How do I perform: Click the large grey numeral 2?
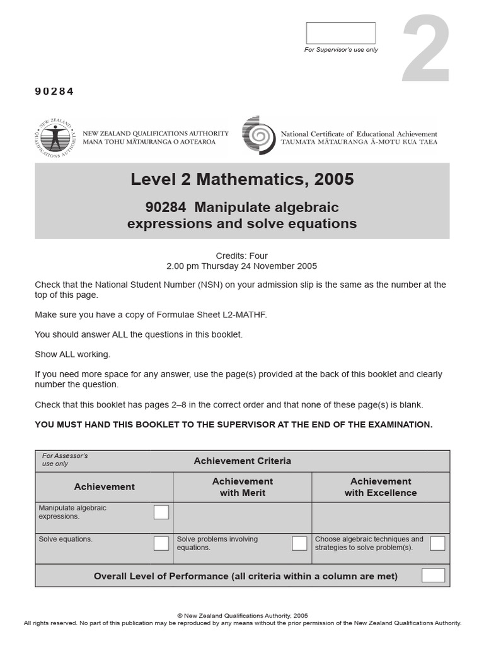click(427, 50)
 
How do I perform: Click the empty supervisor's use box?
click(340, 33)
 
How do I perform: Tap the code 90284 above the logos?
click(54, 91)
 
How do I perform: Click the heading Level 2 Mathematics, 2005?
click(242, 180)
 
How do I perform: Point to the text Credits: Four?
click(242, 255)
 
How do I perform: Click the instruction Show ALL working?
click(72, 354)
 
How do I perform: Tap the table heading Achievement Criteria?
click(242, 461)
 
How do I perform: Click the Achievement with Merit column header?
click(243, 487)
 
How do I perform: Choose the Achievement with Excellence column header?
click(381, 487)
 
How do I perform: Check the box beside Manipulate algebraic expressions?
click(161, 512)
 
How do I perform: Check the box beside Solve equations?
click(161, 543)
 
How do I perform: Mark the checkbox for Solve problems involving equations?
click(299, 543)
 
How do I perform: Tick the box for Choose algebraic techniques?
click(437, 543)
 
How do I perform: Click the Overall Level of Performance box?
click(433, 575)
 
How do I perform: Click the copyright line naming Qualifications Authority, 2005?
click(242, 616)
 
